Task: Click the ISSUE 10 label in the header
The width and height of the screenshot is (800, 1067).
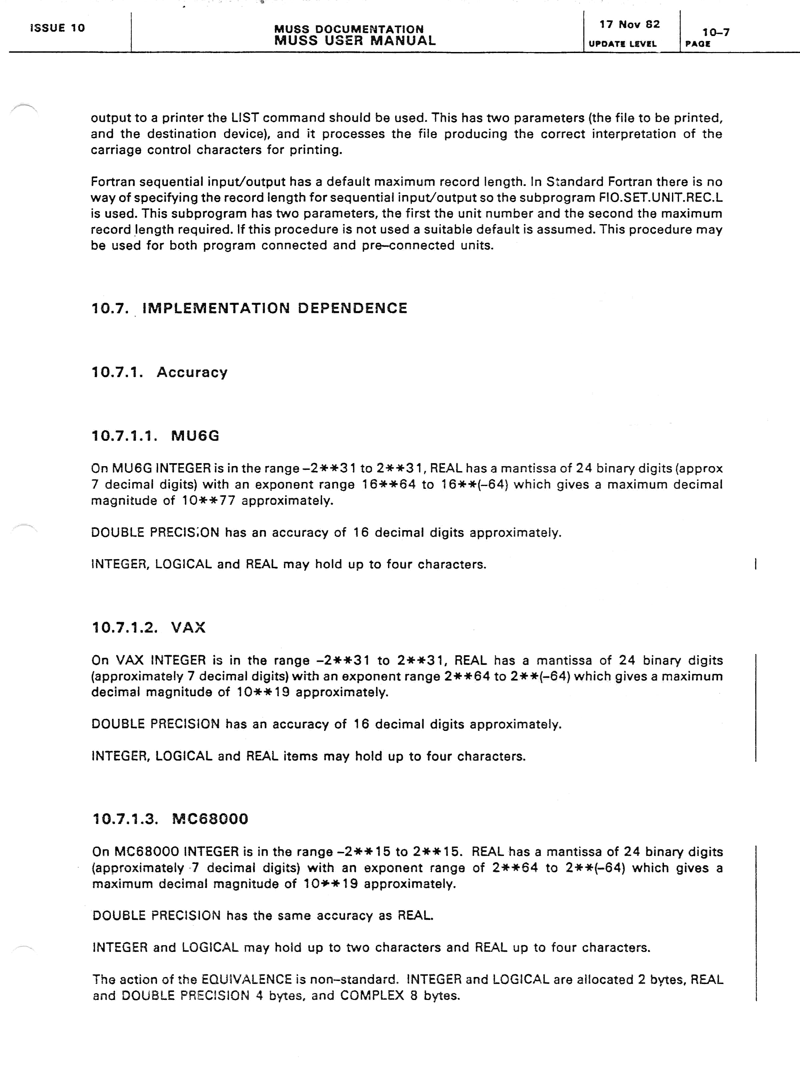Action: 57,28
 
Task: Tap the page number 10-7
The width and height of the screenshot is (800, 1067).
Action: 716,32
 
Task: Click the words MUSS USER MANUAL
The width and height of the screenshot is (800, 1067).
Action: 355,41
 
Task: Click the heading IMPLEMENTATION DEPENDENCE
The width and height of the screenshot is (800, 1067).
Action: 275,308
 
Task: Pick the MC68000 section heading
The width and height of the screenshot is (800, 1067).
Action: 210,819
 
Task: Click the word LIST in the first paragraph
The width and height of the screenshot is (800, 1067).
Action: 245,118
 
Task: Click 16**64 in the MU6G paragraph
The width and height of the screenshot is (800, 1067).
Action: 389,484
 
